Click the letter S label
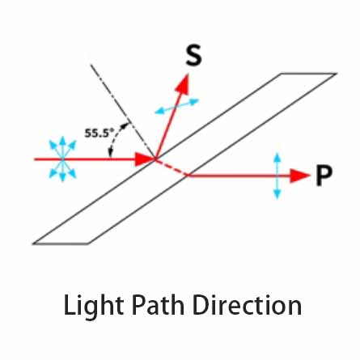point(193,55)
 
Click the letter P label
point(324,176)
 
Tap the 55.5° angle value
point(99,133)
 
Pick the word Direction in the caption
point(248,305)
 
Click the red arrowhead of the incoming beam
point(145,159)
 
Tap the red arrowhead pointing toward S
point(183,83)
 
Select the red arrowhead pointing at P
point(300,176)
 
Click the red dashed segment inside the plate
point(172,167)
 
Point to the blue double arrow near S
point(177,106)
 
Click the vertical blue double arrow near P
point(277,176)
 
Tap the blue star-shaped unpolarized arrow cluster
point(62,159)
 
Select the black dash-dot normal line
point(123,112)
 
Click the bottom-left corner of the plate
point(33,244)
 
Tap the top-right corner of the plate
point(337,74)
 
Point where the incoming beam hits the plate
point(155,159)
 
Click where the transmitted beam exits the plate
point(188,176)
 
